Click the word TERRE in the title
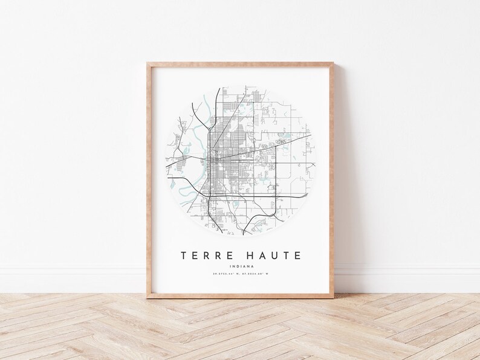(207, 256)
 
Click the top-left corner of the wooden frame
(147, 62)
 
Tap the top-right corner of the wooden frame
(334, 62)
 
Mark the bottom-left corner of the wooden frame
(147, 297)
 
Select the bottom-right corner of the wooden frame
(334, 297)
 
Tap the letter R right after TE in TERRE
(207, 256)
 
